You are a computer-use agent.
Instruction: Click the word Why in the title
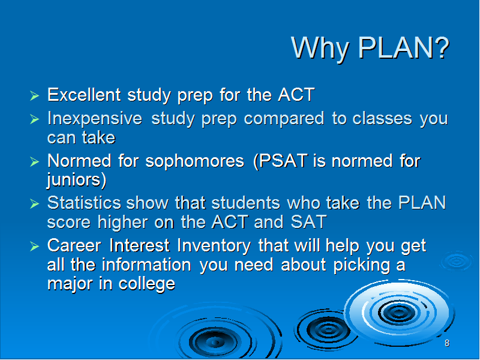click(320, 49)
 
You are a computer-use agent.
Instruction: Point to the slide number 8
click(447, 343)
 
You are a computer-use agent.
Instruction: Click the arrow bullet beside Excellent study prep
click(35, 95)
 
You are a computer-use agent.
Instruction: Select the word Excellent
click(84, 94)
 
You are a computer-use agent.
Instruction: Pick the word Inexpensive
click(95, 118)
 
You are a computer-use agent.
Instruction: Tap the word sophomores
click(194, 161)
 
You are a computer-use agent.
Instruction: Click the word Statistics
click(84, 203)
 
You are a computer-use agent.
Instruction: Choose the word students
click(245, 203)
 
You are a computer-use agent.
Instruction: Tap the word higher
click(123, 221)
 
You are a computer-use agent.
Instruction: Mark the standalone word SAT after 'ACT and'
click(308, 221)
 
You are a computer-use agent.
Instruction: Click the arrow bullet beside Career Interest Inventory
click(35, 246)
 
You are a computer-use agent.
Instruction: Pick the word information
click(146, 265)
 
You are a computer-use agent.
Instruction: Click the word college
click(147, 284)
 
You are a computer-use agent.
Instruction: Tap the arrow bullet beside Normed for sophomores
click(35, 161)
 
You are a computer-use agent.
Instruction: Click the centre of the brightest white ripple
click(398, 313)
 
